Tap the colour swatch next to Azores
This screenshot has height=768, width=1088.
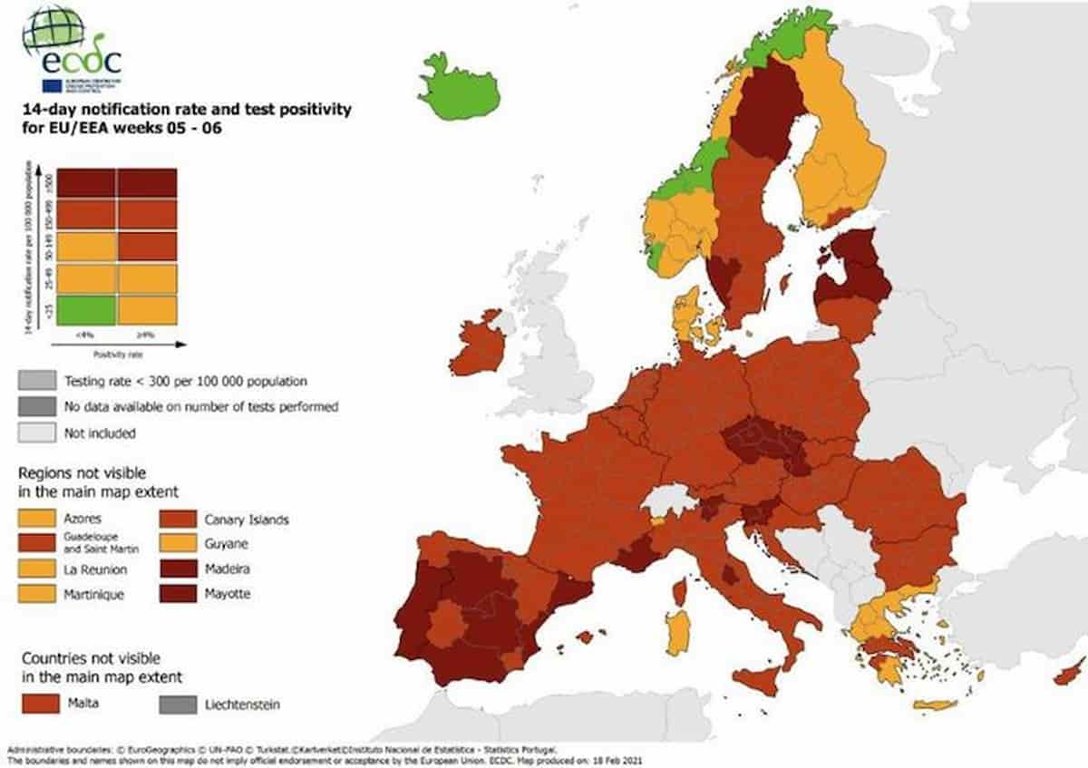(x=38, y=520)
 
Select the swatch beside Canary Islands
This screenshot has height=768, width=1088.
(x=178, y=520)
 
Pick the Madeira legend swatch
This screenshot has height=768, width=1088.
(x=178, y=569)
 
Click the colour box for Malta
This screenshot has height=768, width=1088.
(x=38, y=703)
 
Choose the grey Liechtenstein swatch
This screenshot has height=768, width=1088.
(x=178, y=703)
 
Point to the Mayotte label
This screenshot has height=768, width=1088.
(x=228, y=595)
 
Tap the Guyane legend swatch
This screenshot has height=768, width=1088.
(x=178, y=545)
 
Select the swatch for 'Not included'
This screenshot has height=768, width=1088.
(x=38, y=433)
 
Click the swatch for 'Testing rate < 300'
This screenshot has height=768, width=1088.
(x=38, y=381)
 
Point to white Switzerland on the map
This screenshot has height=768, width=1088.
(x=669, y=499)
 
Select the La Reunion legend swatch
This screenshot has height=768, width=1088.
(x=38, y=569)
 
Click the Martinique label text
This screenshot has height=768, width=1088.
(x=94, y=595)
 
